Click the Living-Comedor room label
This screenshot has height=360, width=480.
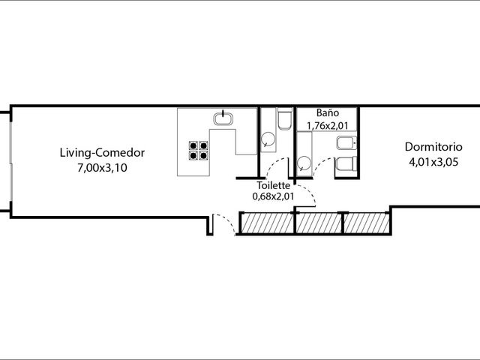[x=102, y=153]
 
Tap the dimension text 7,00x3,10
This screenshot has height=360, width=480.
[x=102, y=168]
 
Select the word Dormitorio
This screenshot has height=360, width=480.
[x=433, y=147]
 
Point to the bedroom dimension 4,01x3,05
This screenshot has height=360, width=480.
[x=433, y=162]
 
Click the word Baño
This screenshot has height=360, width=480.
[x=328, y=112]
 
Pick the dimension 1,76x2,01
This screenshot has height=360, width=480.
[x=328, y=125]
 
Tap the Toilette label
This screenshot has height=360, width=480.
[x=273, y=185]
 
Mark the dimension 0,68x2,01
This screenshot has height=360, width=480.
[x=273, y=196]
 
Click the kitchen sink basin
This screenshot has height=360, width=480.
[x=223, y=118]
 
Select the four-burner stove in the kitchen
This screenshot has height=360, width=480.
[x=198, y=150]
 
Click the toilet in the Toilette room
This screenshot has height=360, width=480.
[x=285, y=118]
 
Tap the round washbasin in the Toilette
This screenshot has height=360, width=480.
[x=268, y=139]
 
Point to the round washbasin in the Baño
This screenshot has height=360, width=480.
[x=304, y=163]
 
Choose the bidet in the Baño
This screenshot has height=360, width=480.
[x=346, y=143]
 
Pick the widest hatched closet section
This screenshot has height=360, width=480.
[x=267, y=223]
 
